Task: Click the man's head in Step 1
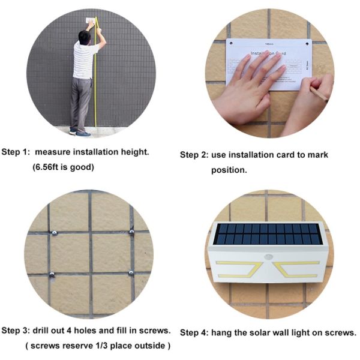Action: (x=84, y=37)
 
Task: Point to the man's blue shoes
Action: (x=80, y=133)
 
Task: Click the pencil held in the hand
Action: (x=318, y=94)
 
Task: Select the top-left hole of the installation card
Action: (x=231, y=43)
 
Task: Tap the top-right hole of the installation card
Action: (x=307, y=44)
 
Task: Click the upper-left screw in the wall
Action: (x=55, y=233)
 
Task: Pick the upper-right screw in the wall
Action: (x=131, y=232)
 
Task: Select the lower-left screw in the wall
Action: (x=52, y=274)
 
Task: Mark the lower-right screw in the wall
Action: (x=131, y=273)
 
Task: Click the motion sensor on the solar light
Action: (x=268, y=257)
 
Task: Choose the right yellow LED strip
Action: (x=297, y=269)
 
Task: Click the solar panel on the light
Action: (x=267, y=234)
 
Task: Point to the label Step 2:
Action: (x=194, y=155)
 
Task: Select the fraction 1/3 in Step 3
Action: (x=101, y=346)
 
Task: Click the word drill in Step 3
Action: (x=41, y=331)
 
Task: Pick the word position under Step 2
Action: (x=229, y=170)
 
